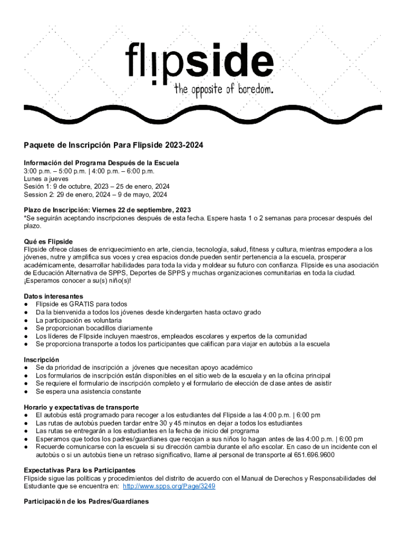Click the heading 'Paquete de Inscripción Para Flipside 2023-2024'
tap(113, 145)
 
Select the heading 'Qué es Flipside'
tap(48, 242)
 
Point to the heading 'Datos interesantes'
tap(53, 296)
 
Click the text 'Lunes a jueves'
tap(46, 179)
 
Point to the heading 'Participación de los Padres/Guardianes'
tap(86, 502)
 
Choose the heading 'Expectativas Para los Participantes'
tap(80, 470)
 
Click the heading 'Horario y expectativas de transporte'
tap(81, 407)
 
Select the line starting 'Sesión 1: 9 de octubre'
tap(96, 187)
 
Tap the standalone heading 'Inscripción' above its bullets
tap(42, 359)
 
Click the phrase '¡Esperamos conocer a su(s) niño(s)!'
tap(77, 281)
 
